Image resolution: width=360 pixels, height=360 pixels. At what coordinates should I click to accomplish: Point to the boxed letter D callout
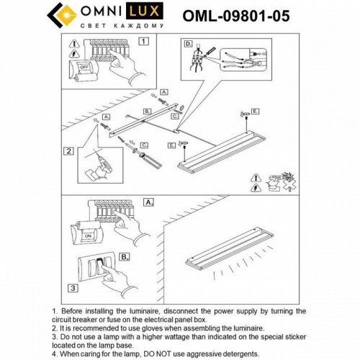tap(189, 44)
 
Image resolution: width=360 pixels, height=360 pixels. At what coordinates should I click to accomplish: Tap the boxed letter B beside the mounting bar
tap(147, 112)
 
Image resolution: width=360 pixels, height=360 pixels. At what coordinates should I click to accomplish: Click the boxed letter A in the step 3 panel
tap(149, 203)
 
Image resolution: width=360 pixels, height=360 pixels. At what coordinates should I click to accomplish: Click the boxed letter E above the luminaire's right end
tap(255, 112)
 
